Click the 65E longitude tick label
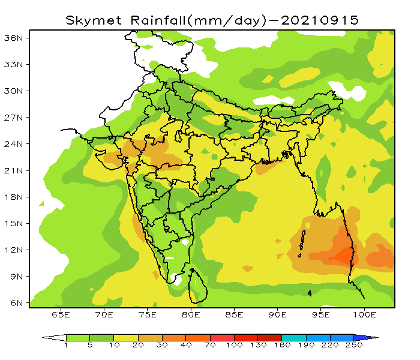61,314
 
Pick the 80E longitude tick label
191,314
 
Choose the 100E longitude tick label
365,314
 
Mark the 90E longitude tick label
278,314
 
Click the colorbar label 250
353,346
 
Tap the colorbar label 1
66,346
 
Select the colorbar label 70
210,346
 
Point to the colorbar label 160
281,346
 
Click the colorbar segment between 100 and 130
246,338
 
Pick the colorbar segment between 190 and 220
318,338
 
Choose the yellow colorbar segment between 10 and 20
126,338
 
